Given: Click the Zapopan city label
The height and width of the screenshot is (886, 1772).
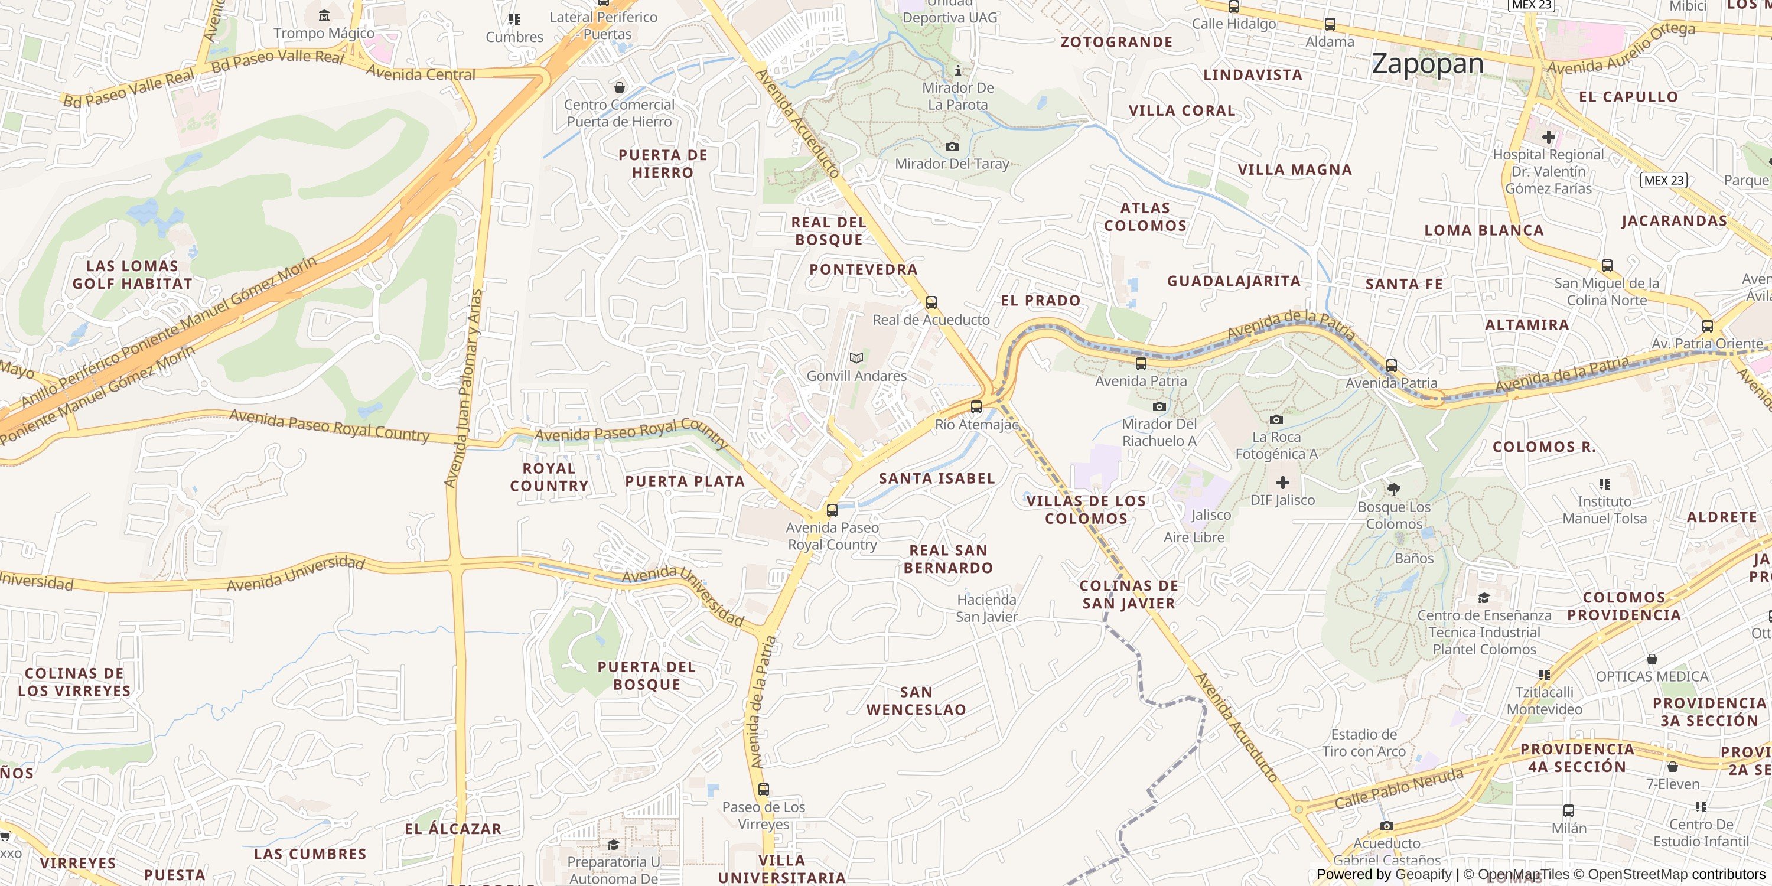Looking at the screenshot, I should tap(1428, 64).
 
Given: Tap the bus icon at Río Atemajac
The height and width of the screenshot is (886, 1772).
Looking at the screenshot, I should tap(975, 406).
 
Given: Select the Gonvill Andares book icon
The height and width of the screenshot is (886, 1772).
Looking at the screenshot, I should tap(856, 358).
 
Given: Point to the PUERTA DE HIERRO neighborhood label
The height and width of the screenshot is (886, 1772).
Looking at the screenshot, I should tap(663, 164).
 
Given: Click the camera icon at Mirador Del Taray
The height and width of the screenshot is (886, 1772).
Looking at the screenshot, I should tap(952, 146).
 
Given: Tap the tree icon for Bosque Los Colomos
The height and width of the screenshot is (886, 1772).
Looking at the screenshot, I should tap(1393, 489).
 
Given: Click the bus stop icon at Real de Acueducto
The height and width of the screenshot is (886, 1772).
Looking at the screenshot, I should tap(931, 302).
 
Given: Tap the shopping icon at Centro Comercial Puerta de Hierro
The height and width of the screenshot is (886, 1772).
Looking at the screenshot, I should tap(619, 87).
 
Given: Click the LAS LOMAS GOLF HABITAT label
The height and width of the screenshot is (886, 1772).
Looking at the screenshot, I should tap(132, 275).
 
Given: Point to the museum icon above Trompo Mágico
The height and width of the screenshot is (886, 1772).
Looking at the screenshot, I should tap(324, 16).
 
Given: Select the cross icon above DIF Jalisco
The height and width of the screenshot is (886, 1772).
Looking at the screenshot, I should tap(1282, 482).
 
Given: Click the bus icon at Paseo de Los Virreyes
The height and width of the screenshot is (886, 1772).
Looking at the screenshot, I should tap(763, 789).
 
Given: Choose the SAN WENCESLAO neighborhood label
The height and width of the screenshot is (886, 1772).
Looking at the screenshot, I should tap(916, 701).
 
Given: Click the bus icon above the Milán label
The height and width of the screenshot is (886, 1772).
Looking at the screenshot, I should tap(1568, 810).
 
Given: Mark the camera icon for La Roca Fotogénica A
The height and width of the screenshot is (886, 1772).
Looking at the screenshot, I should tap(1276, 419).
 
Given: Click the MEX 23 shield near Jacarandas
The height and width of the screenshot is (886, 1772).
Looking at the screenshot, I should tap(1663, 180).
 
